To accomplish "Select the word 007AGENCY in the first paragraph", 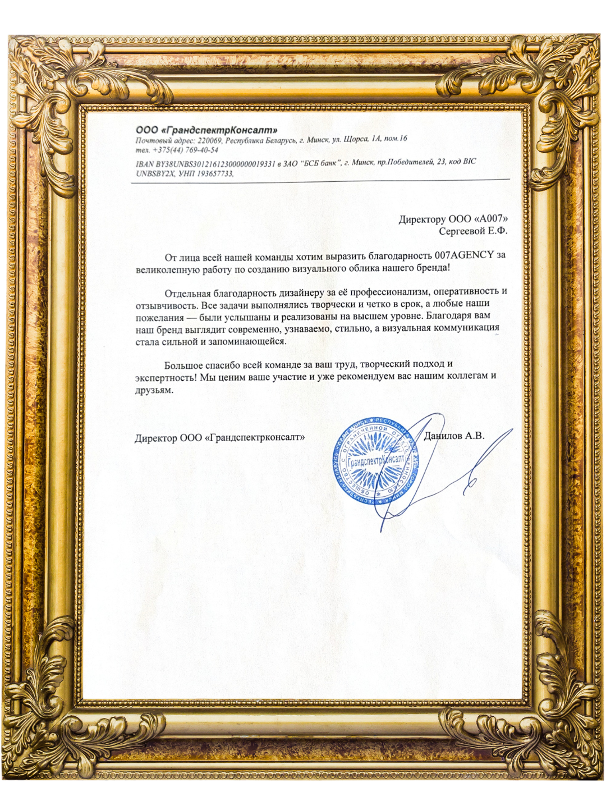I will point(465,255).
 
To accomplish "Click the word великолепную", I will point(164,268).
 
